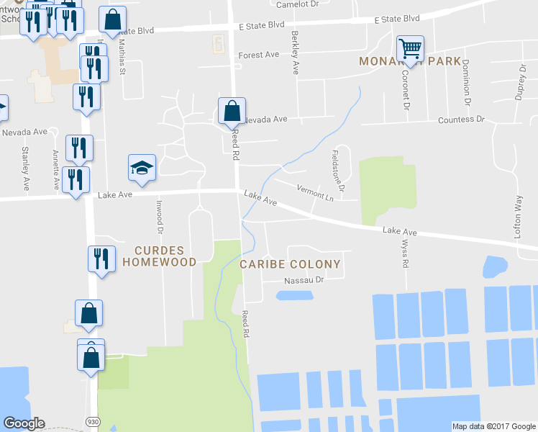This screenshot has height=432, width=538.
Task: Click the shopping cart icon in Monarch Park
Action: click(410, 50)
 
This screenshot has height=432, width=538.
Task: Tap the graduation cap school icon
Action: click(142, 168)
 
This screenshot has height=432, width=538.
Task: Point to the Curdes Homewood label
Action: click(159, 256)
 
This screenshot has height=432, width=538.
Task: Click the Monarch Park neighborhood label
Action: click(410, 62)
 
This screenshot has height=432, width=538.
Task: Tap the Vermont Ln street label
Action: click(314, 192)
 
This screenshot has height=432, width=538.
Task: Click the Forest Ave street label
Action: click(259, 55)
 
